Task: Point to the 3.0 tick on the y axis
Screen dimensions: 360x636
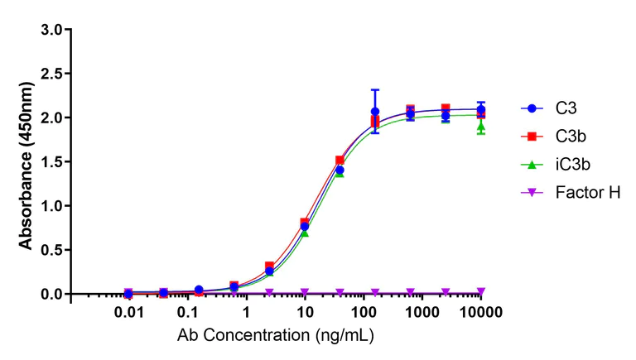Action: (51, 30)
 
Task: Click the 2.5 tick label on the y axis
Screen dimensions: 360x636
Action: (51, 74)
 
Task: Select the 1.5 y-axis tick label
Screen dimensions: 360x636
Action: (51, 161)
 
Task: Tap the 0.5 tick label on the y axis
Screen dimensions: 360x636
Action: (51, 250)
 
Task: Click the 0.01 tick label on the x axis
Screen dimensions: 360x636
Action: (128, 312)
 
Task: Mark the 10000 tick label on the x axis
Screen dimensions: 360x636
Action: (481, 312)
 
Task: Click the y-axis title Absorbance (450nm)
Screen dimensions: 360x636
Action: (26, 161)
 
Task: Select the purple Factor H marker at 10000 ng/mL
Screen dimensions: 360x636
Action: (481, 291)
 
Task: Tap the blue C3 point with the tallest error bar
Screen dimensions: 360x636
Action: (374, 111)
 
